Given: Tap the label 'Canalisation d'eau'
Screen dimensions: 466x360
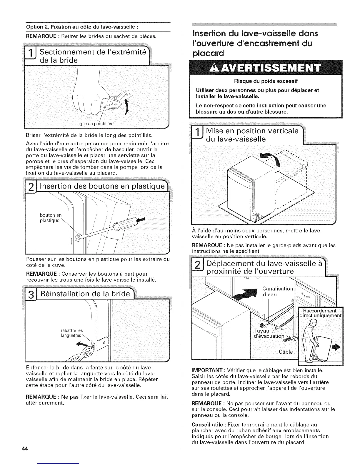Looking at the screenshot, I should (278, 292).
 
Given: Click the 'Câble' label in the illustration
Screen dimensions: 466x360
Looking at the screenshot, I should (286, 352).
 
